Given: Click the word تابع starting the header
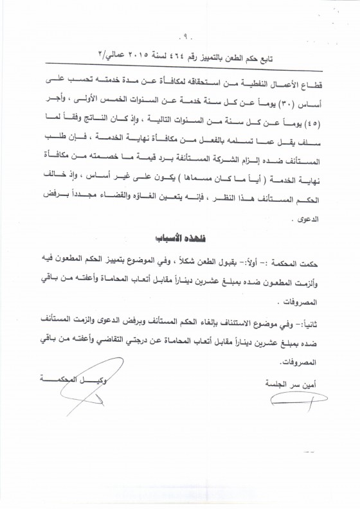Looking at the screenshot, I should tap(269, 53).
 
